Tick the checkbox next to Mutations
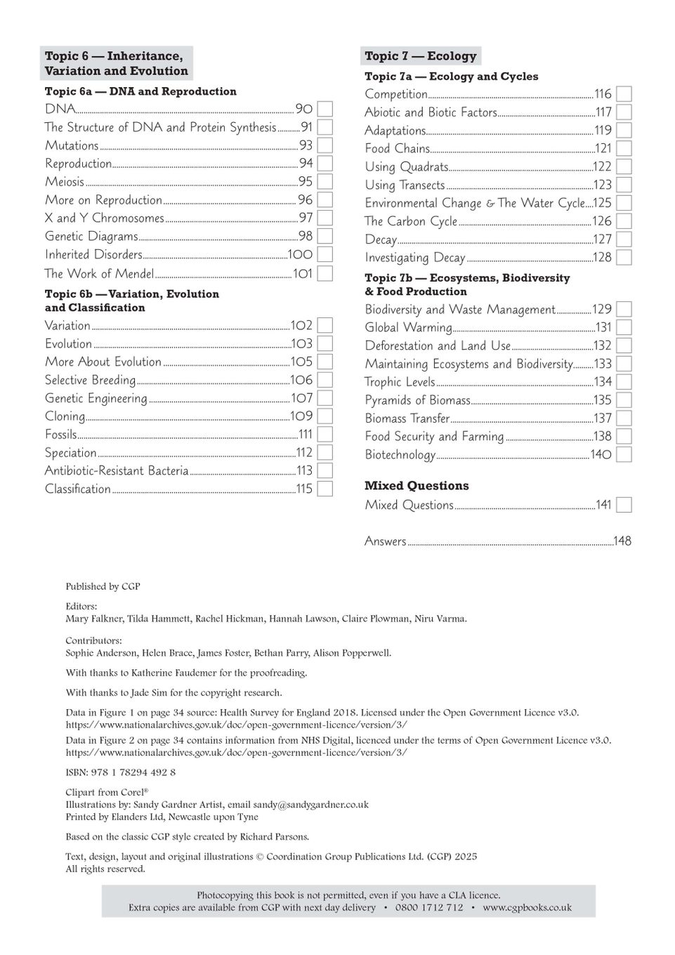click(x=325, y=145)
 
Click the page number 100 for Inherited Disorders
click(x=300, y=254)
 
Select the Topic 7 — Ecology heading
click(x=420, y=56)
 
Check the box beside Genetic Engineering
click(x=325, y=398)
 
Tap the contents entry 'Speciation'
click(x=71, y=453)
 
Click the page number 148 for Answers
click(x=622, y=541)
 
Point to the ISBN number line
click(x=120, y=772)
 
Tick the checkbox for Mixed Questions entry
click(x=624, y=505)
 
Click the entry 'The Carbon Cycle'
click(x=411, y=221)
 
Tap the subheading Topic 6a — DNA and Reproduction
click(x=140, y=91)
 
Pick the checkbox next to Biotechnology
click(x=624, y=454)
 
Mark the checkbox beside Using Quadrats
click(x=624, y=166)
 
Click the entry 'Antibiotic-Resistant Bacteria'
click(x=117, y=470)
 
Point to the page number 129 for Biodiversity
click(x=602, y=309)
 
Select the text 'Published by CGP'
click(x=103, y=586)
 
